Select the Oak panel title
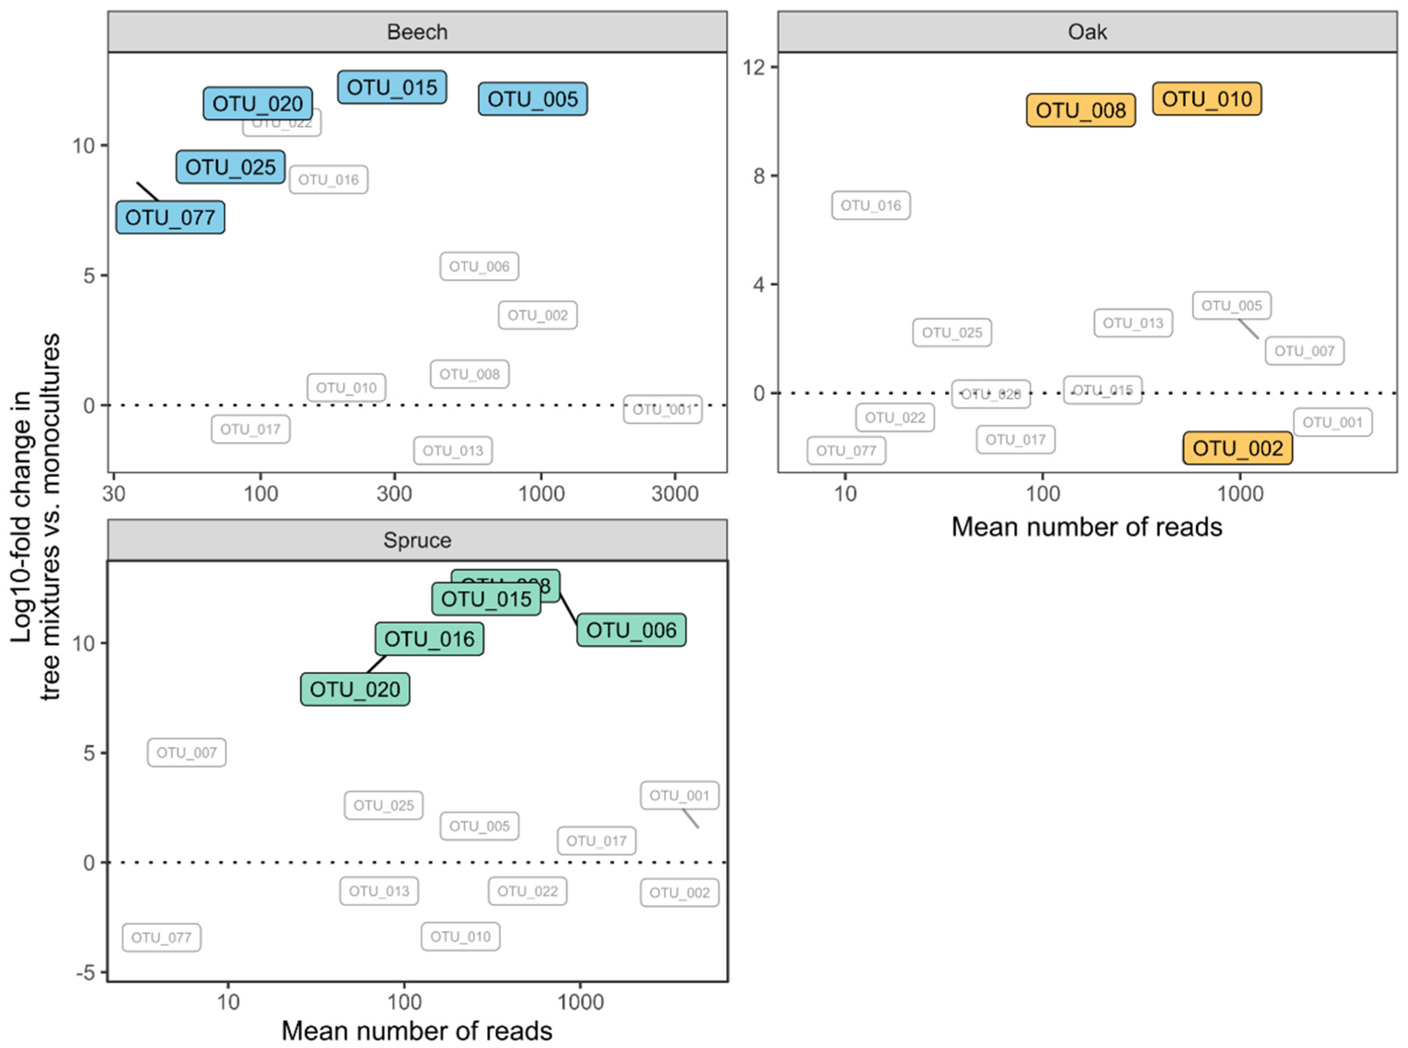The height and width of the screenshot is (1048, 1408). click(1087, 32)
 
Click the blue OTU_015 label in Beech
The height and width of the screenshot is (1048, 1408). click(392, 87)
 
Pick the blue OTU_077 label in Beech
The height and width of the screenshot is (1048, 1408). click(170, 218)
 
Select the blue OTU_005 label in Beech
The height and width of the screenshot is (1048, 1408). click(533, 99)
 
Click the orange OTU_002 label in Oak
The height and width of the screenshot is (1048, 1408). click(1237, 449)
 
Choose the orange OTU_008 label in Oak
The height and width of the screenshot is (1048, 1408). click(1081, 110)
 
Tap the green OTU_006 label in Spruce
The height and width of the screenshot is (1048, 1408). click(631, 630)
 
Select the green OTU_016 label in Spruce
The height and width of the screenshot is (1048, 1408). click(430, 639)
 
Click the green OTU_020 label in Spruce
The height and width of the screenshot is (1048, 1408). click(355, 690)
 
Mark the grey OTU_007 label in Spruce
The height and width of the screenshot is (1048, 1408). click(186, 753)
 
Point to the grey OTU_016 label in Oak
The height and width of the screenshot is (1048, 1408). click(871, 206)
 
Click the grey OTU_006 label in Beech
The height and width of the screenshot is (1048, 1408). click(480, 267)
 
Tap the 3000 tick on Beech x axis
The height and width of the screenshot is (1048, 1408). click(675, 493)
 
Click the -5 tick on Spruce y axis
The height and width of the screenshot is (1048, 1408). click(85, 973)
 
